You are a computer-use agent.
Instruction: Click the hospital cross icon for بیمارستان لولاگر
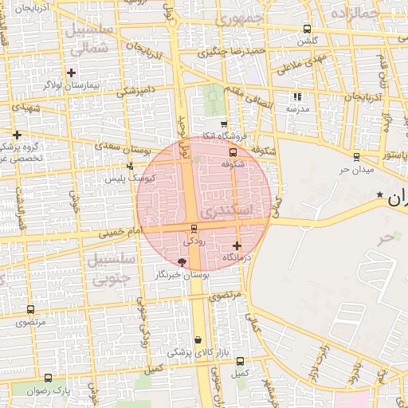(72, 73)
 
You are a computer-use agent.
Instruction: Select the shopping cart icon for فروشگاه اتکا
(224, 124)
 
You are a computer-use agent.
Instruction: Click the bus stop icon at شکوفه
(233, 152)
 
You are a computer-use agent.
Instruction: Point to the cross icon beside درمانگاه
(237, 245)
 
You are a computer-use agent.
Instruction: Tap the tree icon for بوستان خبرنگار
(182, 261)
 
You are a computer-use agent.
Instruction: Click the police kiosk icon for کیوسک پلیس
(131, 166)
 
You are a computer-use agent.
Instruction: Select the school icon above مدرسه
(297, 96)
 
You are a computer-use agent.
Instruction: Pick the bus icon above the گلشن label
(306, 29)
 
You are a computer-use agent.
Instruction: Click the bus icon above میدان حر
(355, 157)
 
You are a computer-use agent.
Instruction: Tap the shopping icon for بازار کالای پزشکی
(198, 340)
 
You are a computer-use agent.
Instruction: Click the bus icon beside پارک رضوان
(49, 378)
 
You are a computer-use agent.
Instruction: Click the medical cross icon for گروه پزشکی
(17, 134)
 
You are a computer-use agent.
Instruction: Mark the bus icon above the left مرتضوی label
(31, 310)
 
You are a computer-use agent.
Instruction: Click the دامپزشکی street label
(135, 91)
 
